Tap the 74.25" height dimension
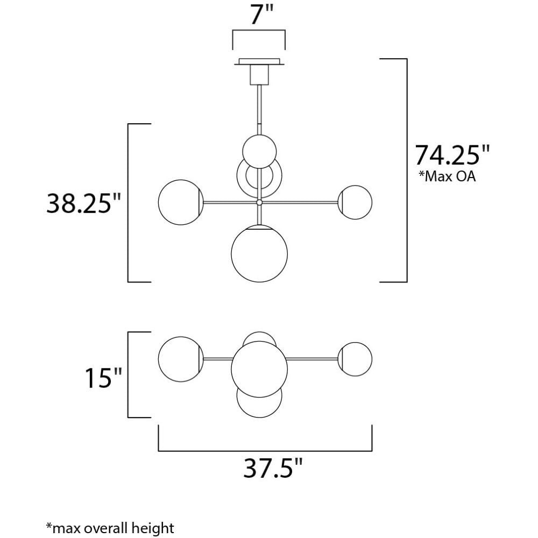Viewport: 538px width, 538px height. click(x=452, y=155)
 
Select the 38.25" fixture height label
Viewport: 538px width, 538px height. click(x=84, y=203)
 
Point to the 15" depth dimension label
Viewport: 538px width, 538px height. click(x=103, y=378)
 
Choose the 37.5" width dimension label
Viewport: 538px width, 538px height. click(x=273, y=469)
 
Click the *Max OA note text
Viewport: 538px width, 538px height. click(x=447, y=176)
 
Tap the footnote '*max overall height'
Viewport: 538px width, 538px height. click(x=110, y=528)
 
